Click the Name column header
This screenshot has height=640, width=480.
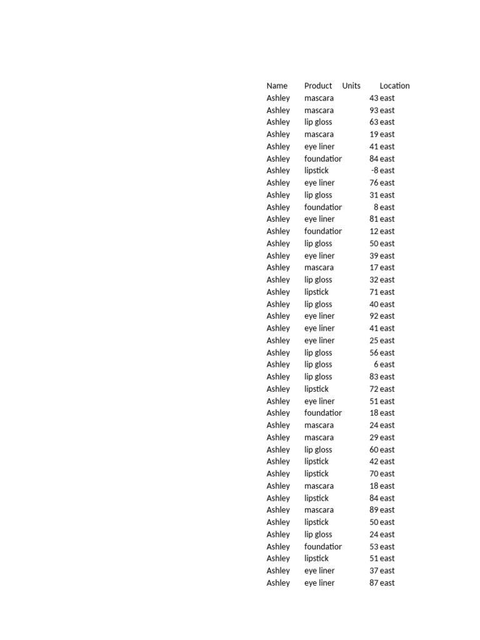(x=277, y=86)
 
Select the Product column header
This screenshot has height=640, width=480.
(x=318, y=86)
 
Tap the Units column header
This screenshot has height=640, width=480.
(x=351, y=86)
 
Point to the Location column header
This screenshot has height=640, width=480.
(x=394, y=86)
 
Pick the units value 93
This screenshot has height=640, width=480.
(x=374, y=110)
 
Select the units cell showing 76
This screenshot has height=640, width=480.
(x=374, y=182)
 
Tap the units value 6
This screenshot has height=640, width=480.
(x=376, y=364)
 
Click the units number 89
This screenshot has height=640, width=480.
(x=374, y=510)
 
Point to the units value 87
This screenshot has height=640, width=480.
(x=374, y=582)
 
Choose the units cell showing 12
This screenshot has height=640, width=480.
(x=374, y=231)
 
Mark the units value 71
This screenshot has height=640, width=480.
(x=374, y=292)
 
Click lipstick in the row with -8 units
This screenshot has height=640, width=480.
(x=316, y=171)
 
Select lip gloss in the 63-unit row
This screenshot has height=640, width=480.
(x=318, y=122)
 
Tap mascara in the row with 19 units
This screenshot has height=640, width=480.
(x=319, y=134)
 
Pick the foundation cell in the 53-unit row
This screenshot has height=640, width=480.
(x=322, y=546)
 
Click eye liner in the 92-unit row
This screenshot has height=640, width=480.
(x=319, y=316)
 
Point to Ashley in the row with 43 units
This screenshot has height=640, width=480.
(x=278, y=98)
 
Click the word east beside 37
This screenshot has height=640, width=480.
(x=387, y=571)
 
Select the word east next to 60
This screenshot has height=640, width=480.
(x=387, y=449)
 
